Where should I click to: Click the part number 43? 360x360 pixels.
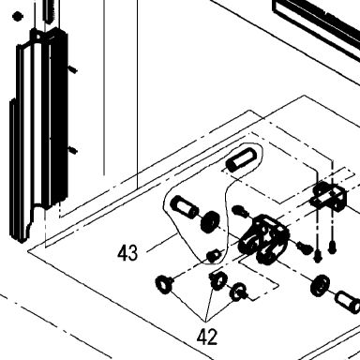(x=127, y=253)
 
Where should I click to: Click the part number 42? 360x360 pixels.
(x=207, y=337)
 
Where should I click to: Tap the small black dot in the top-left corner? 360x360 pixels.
(x=18, y=16)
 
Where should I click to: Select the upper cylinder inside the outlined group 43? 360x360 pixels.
(x=242, y=159)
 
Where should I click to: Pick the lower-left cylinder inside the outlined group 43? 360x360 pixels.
(x=184, y=206)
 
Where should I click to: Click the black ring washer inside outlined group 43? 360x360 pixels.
(x=210, y=222)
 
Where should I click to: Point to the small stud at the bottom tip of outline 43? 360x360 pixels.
(x=213, y=256)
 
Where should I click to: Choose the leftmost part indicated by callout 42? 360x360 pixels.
(x=165, y=284)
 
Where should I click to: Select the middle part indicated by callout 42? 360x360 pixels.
(x=218, y=280)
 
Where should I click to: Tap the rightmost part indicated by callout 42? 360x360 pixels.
(x=238, y=292)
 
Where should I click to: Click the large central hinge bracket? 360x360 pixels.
(x=264, y=239)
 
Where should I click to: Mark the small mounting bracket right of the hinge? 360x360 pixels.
(x=328, y=197)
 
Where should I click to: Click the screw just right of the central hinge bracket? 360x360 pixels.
(x=304, y=247)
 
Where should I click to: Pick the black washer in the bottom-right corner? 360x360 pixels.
(x=321, y=285)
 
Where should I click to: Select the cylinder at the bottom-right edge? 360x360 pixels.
(x=348, y=301)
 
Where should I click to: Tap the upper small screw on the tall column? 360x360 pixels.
(x=73, y=69)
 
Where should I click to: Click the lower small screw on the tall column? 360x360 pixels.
(x=73, y=150)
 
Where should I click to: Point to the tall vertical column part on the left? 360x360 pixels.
(x=38, y=134)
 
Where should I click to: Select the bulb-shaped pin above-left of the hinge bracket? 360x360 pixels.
(x=241, y=210)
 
